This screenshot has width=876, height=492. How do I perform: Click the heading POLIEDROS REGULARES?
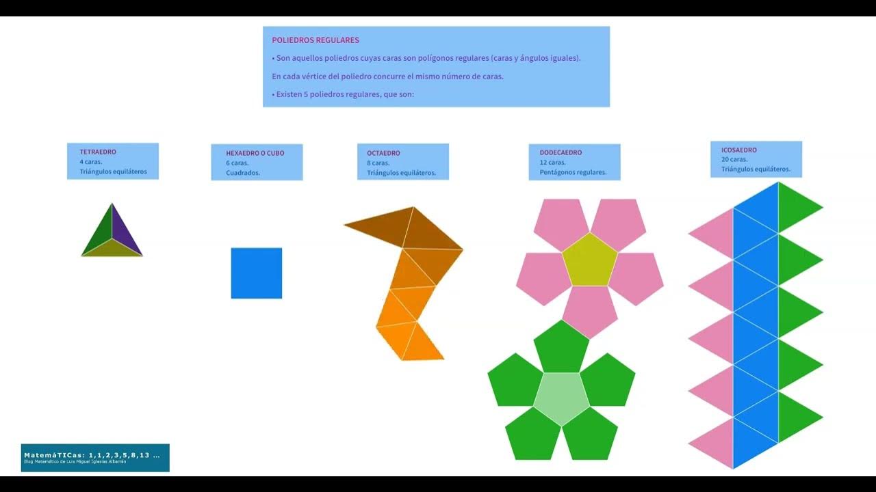point(315,40)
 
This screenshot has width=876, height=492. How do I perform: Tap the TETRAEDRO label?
point(98,152)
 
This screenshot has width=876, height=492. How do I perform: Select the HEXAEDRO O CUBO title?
point(255,153)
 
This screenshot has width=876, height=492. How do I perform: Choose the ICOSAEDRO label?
point(738,150)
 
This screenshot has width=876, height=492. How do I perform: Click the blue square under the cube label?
point(257,273)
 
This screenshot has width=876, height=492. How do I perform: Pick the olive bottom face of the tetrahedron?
point(112,251)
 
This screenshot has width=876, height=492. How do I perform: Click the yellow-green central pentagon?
point(590,260)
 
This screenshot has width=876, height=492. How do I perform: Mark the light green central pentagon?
point(561,398)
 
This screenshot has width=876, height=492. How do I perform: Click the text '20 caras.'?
point(734,159)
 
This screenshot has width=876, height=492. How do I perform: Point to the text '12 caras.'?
point(552,163)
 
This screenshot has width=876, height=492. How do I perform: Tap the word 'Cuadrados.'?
point(243,172)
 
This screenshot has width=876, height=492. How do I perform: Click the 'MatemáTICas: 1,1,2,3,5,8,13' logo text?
point(91,454)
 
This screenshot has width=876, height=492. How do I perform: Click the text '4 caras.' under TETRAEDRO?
point(91,162)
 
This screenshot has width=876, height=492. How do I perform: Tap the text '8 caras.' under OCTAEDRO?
point(378,163)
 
